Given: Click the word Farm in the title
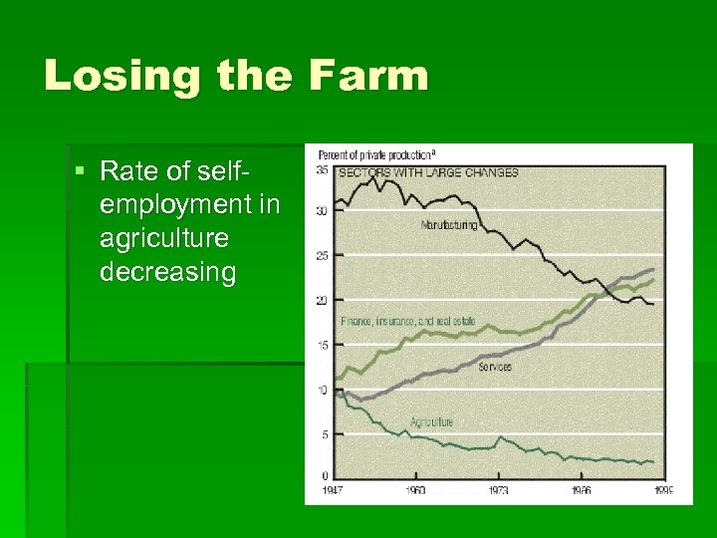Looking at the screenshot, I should [x=368, y=77].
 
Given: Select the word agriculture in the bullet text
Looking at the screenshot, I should [x=164, y=239].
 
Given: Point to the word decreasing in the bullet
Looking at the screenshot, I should [x=168, y=273].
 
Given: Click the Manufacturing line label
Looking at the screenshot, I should [x=448, y=225].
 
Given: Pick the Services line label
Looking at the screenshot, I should [x=496, y=368].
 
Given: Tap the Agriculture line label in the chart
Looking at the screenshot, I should [x=431, y=422].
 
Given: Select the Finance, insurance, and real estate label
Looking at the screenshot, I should [x=407, y=322].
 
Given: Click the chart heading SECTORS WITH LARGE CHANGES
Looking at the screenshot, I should [x=429, y=172].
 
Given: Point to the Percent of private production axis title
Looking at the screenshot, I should [x=375, y=154].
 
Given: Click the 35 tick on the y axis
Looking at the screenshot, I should [x=323, y=170].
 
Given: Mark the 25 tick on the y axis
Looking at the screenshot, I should [x=323, y=256].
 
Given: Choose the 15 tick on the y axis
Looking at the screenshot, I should [x=323, y=345].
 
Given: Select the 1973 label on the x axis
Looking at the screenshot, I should [x=498, y=490].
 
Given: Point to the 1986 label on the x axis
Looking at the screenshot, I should [x=581, y=490].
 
